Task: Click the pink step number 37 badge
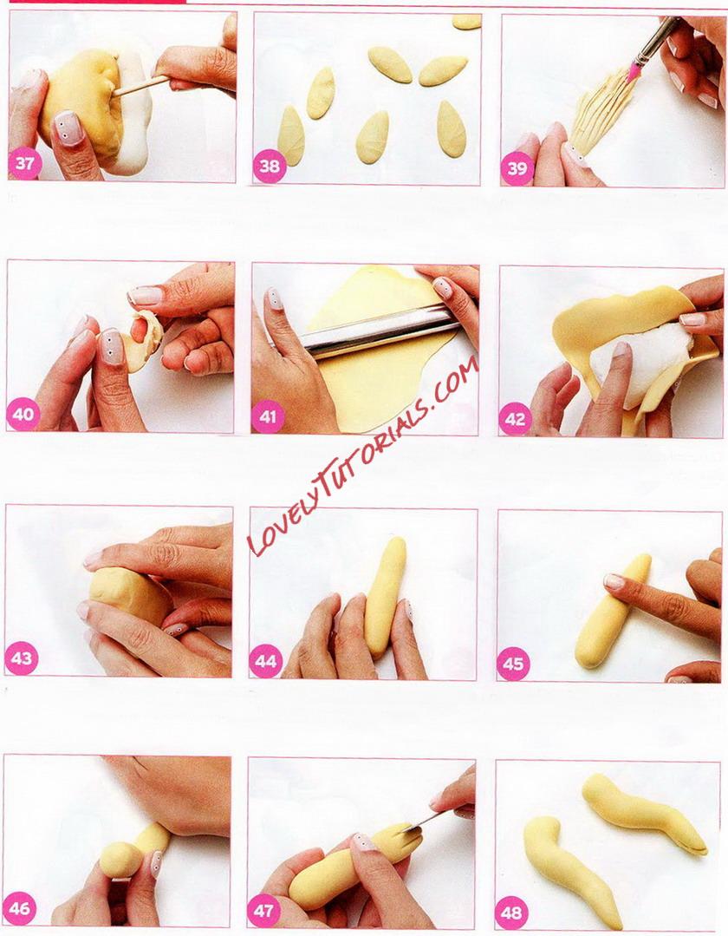click(24, 162)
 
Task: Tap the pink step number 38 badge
click(270, 166)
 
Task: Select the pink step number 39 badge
click(517, 168)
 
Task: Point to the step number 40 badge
click(23, 414)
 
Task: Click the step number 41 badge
click(268, 416)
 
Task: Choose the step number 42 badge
click(515, 418)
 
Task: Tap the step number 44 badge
click(265, 661)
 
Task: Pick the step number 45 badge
click(513, 664)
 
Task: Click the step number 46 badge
click(20, 908)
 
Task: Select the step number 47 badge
click(263, 910)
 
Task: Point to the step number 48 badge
click(511, 913)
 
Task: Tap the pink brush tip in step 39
click(634, 72)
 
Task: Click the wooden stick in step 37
click(141, 85)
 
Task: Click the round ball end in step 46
click(120, 860)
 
